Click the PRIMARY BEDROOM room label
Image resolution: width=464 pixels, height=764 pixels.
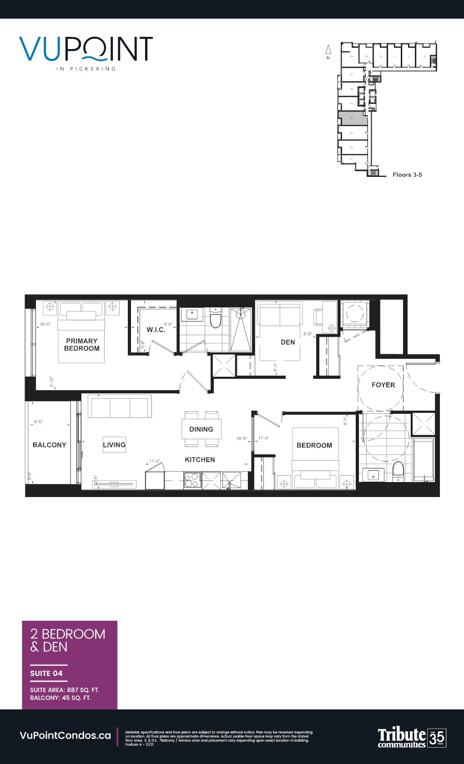(82, 344)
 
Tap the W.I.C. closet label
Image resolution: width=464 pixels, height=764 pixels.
(156, 329)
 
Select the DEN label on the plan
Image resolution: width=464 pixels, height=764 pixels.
(287, 342)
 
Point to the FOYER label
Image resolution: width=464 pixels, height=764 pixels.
(383, 385)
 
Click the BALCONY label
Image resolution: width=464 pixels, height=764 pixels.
(50, 445)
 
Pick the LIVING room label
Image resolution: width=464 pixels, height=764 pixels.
(114, 445)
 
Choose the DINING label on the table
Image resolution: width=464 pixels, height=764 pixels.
(201, 429)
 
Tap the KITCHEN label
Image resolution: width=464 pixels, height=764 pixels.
(200, 460)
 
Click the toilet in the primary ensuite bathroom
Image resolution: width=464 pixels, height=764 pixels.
(215, 319)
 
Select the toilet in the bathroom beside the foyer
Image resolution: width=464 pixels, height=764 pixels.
(398, 472)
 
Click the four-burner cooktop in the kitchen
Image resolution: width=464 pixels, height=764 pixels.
(193, 480)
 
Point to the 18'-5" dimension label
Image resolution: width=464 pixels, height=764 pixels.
(242, 439)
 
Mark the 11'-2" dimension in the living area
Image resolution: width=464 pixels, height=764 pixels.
(155, 461)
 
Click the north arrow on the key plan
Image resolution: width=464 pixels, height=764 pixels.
(328, 50)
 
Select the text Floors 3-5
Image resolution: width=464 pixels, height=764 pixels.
(407, 175)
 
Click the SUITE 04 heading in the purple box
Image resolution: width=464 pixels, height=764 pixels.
(46, 673)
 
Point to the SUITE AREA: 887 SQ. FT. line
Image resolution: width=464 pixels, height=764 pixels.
(65, 689)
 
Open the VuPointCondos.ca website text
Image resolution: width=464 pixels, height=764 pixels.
(66, 735)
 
